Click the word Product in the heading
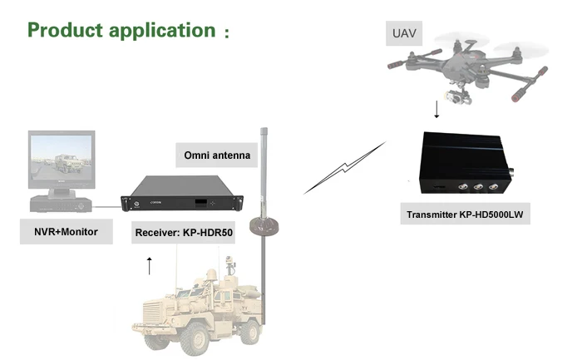(x=67, y=31)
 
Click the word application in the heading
(x=163, y=31)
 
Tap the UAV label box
(x=402, y=35)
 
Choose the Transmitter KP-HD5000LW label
(x=468, y=215)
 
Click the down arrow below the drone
(x=436, y=110)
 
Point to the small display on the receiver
(x=200, y=202)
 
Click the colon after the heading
(x=225, y=34)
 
